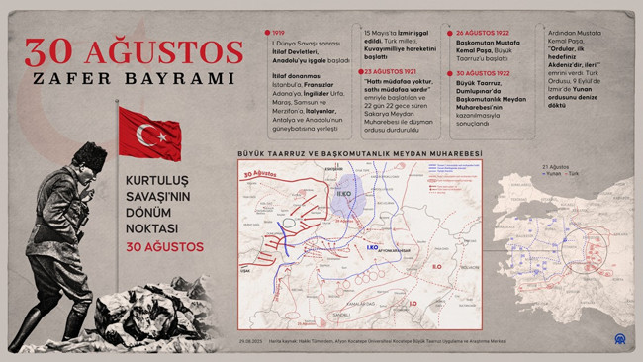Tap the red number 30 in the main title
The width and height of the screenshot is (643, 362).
pyautogui.click(x=57, y=52)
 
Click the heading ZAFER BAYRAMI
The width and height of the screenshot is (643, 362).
pyautogui.click(x=135, y=78)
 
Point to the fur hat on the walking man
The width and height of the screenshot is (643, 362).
pyautogui.click(x=89, y=154)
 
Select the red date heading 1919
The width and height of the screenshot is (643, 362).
pyautogui.click(x=279, y=33)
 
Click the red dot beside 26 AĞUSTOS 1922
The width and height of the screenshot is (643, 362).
pyautogui.click(x=450, y=33)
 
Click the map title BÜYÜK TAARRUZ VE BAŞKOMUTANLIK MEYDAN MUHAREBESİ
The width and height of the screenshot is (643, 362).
pyautogui.click(x=359, y=154)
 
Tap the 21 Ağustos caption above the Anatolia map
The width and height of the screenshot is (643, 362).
pyautogui.click(x=556, y=167)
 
